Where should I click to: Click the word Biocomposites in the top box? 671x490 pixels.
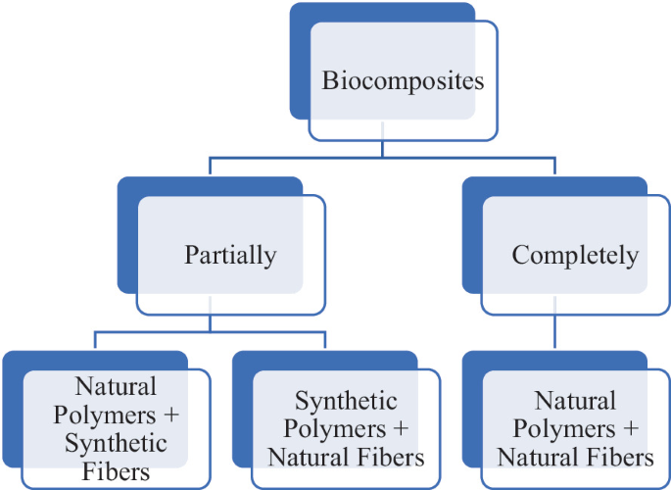coord(403,80)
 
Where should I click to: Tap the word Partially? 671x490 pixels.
coord(230,256)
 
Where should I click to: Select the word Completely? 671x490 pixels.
coord(575,256)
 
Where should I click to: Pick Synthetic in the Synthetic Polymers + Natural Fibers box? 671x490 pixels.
coord(347,401)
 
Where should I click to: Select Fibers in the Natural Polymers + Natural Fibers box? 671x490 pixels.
coord(615,457)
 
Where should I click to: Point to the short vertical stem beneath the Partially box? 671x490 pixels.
coord(211,322)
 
